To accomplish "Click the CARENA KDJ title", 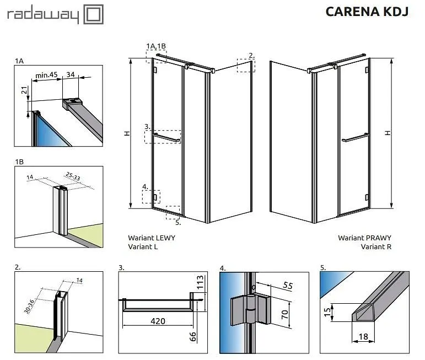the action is pyautogui.click(x=367, y=12).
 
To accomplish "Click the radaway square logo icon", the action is pyautogui.click(x=94, y=14).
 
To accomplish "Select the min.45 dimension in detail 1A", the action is pyautogui.click(x=46, y=74).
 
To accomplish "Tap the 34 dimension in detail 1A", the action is pyautogui.click(x=71, y=74).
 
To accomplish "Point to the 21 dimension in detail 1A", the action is pyautogui.click(x=24, y=90).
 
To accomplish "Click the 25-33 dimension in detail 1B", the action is pyautogui.click(x=73, y=176).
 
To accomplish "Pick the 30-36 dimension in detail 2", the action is pyautogui.click(x=29, y=307).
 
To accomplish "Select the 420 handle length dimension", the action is pyautogui.click(x=158, y=321).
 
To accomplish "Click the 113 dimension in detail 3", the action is pyautogui.click(x=200, y=282).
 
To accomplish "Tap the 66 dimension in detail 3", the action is pyautogui.click(x=192, y=337).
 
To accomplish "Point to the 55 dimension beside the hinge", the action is pyautogui.click(x=288, y=285).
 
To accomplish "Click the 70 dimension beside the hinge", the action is pyautogui.click(x=284, y=314).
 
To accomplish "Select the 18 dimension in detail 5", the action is pyautogui.click(x=363, y=337).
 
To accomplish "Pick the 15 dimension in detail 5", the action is pyautogui.click(x=327, y=311).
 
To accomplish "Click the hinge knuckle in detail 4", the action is pyautogui.click(x=250, y=309).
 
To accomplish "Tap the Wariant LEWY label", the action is pyautogui.click(x=152, y=238).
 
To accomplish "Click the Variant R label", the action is pyautogui.click(x=376, y=246).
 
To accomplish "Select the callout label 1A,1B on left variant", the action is pyautogui.click(x=156, y=46).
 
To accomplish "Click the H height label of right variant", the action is pyautogui.click(x=388, y=133).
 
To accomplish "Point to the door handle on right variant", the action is pyautogui.click(x=356, y=138).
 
